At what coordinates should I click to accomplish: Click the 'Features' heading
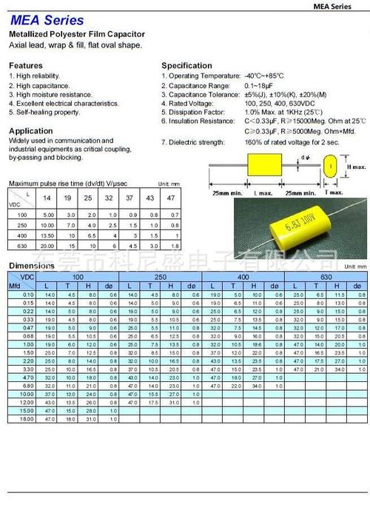pos(26,65)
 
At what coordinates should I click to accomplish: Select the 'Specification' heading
pos(187,65)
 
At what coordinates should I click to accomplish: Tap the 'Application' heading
pos(30,130)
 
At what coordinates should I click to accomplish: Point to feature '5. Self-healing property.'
pos(44,113)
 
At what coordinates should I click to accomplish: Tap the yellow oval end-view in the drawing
pos(329,167)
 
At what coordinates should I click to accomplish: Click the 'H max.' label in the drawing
pos(356,167)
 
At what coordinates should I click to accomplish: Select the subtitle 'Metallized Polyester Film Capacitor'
pos(76,35)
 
